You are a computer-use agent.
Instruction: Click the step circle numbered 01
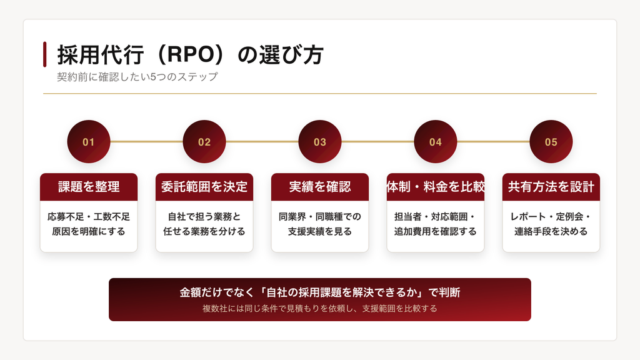pyautogui.click(x=89, y=142)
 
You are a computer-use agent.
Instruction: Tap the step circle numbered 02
pyautogui.click(x=204, y=142)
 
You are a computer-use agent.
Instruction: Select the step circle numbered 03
pyautogui.click(x=319, y=142)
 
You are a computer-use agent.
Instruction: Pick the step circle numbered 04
pyautogui.click(x=435, y=142)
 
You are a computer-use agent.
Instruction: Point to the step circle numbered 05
pyautogui.click(x=551, y=142)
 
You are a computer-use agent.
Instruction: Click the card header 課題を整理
pyautogui.click(x=89, y=187)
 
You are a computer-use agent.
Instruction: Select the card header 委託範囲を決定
pyautogui.click(x=204, y=187)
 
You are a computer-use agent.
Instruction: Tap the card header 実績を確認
pyautogui.click(x=319, y=187)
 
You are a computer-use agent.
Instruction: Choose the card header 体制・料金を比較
pyautogui.click(x=435, y=187)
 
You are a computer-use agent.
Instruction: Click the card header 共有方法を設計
pyautogui.click(x=551, y=187)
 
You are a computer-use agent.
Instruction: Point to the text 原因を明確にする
pyautogui.click(x=89, y=231)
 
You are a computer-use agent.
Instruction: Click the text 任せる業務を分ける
pyautogui.click(x=204, y=231)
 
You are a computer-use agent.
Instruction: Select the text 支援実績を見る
pyautogui.click(x=319, y=231)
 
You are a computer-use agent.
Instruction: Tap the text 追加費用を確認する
pyautogui.click(x=435, y=231)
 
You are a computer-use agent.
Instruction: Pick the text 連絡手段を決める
pyautogui.click(x=551, y=231)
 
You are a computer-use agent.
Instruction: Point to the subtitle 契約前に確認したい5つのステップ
pyautogui.click(x=137, y=77)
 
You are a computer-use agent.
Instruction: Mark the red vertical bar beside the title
pyautogui.click(x=44, y=54)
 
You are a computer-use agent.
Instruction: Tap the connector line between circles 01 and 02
pyautogui.click(x=146, y=142)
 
